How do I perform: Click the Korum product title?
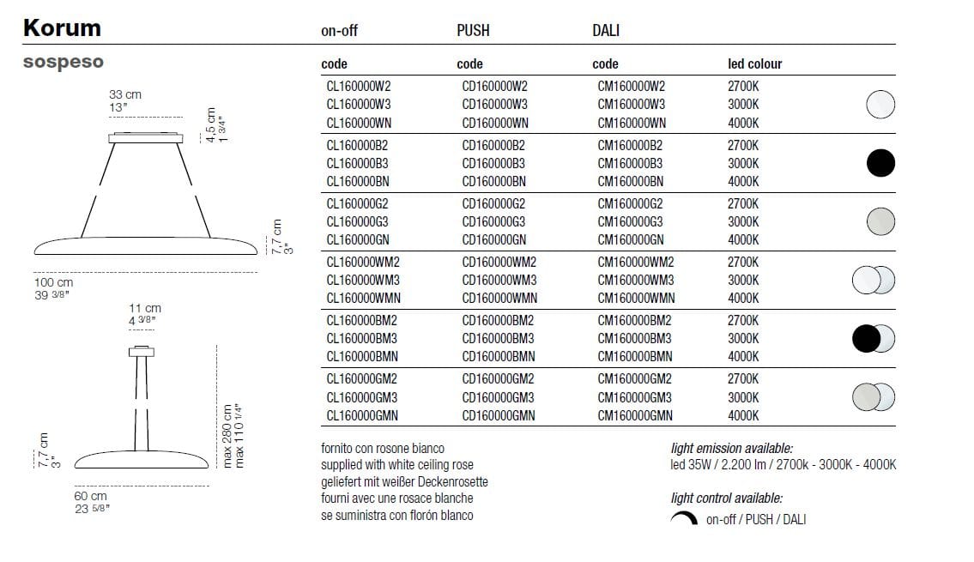point(62,28)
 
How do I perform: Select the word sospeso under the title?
point(63,63)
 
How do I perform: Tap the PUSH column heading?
point(473,31)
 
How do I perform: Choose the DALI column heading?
point(606,31)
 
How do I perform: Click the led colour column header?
point(754,64)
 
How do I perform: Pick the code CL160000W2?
point(359,86)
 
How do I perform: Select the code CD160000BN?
point(493,181)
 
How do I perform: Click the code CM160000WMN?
point(636,299)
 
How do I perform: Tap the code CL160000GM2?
point(362,378)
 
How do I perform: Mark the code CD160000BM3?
point(498,338)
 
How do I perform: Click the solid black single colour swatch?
point(880,162)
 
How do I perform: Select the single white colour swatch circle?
point(880,105)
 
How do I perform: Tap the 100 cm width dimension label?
point(54,282)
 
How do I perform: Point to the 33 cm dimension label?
point(125,94)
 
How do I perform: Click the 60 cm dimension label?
point(90,496)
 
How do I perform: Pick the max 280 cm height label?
point(228,436)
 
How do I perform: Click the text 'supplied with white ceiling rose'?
point(396,464)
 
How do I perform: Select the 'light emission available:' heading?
point(731,448)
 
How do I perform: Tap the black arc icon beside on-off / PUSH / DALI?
point(684,518)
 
